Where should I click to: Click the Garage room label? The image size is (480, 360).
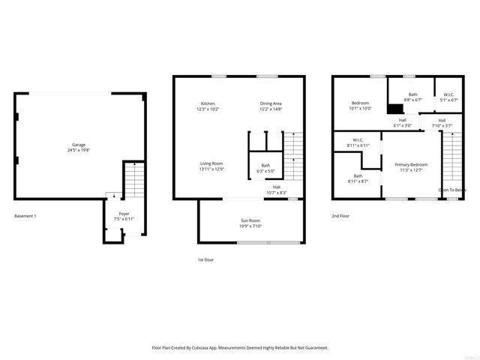(x=78, y=144)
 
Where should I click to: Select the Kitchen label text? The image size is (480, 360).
(x=208, y=103)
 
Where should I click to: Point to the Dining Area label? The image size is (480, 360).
(x=271, y=103)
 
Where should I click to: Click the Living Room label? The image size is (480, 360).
(x=211, y=163)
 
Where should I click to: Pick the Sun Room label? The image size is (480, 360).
(x=250, y=220)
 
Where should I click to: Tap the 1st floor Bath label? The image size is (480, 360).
(x=265, y=166)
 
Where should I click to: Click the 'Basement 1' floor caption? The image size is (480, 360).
(x=25, y=216)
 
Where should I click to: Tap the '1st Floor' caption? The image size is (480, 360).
(x=206, y=259)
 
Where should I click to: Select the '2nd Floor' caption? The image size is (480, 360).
(x=340, y=216)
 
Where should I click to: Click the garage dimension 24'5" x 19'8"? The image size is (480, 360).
(x=78, y=149)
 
